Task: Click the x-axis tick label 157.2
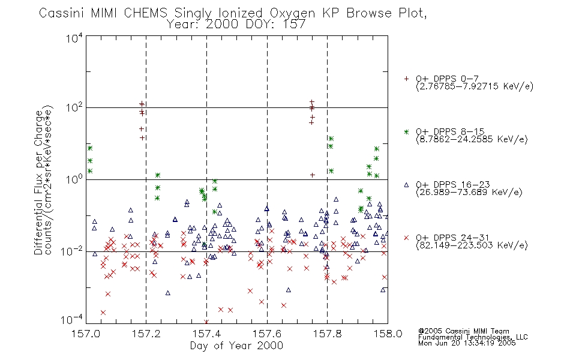pyautogui.click(x=146, y=334)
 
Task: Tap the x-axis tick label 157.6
pyautogui.click(x=267, y=334)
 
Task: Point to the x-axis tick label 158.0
pyautogui.click(x=388, y=334)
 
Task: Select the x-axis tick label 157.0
pyautogui.click(x=86, y=334)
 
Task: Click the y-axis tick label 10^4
pyautogui.click(x=74, y=38)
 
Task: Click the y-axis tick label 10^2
pyautogui.click(x=74, y=107)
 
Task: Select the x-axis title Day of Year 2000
pyautogui.click(x=236, y=346)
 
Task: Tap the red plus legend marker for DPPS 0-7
pyautogui.click(x=406, y=79)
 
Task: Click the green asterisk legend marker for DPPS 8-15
pyautogui.click(x=406, y=131)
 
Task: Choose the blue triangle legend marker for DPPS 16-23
pyautogui.click(x=406, y=185)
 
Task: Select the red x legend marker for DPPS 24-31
pyautogui.click(x=406, y=238)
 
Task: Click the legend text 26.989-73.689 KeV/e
pyautogui.click(x=469, y=193)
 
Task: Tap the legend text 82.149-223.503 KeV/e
pyautogui.click(x=472, y=245)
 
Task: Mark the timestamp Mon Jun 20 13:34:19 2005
pyautogui.click(x=467, y=343)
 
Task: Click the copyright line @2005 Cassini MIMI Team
pyautogui.click(x=463, y=331)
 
